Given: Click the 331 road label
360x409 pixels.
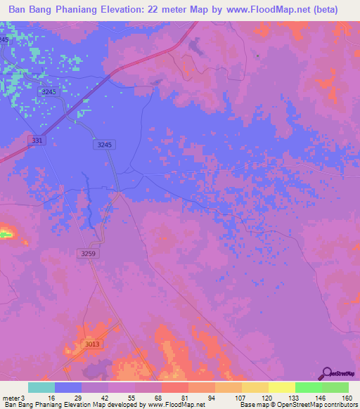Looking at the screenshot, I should pyautogui.click(x=37, y=141).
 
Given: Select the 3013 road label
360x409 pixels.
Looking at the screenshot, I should pyautogui.click(x=92, y=344).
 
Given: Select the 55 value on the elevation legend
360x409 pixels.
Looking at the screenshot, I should pyautogui.click(x=135, y=397).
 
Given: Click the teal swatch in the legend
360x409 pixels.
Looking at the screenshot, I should pyautogui.click(x=41, y=387).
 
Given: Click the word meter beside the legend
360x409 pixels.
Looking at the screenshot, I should pyautogui.click(x=9, y=397).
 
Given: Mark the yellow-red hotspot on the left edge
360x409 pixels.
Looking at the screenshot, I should pyautogui.click(x=6, y=231).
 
